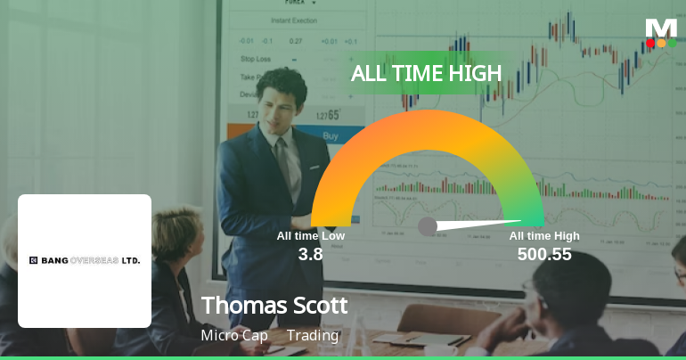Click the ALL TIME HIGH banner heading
click(x=426, y=74)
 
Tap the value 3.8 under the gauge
click(x=310, y=255)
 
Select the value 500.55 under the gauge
click(x=544, y=255)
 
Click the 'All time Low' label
click(x=310, y=236)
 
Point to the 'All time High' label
click(x=544, y=236)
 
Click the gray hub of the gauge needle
click(x=428, y=226)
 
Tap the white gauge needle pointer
click(x=481, y=222)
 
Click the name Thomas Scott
click(x=274, y=306)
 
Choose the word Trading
click(x=313, y=336)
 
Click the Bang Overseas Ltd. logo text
click(x=85, y=260)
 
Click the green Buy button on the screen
click(x=331, y=136)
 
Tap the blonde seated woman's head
click(x=177, y=233)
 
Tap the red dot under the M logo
click(x=650, y=43)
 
